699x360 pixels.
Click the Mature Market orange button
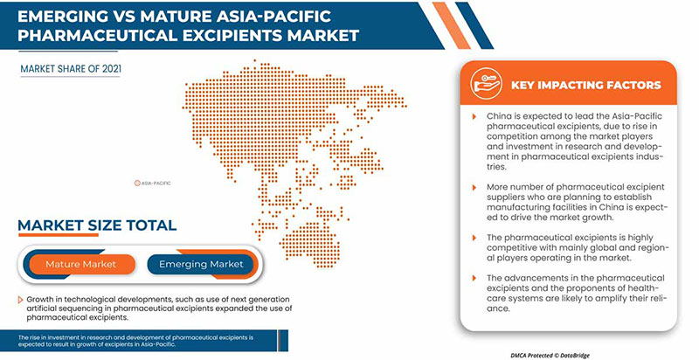point(80,263)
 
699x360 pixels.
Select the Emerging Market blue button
point(200,263)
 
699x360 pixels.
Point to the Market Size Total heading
point(98,225)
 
